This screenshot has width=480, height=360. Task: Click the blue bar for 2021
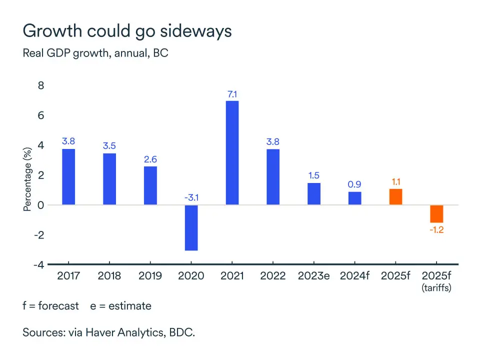(x=232, y=152)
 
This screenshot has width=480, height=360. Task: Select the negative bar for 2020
(x=191, y=227)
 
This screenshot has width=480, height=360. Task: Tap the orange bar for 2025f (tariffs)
(x=437, y=213)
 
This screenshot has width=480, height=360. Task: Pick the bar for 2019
(x=150, y=185)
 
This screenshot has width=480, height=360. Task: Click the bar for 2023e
(x=314, y=194)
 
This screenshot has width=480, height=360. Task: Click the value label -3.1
(x=191, y=198)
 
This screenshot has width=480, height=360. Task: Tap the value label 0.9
(x=354, y=184)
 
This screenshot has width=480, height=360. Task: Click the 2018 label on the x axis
(x=109, y=276)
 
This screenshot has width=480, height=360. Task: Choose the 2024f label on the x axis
(x=354, y=276)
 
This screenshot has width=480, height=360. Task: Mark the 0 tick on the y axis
(x=41, y=205)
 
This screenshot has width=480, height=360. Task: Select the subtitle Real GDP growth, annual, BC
(x=95, y=53)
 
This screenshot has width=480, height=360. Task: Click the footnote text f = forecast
(x=51, y=305)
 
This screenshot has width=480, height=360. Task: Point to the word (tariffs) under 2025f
(x=436, y=288)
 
